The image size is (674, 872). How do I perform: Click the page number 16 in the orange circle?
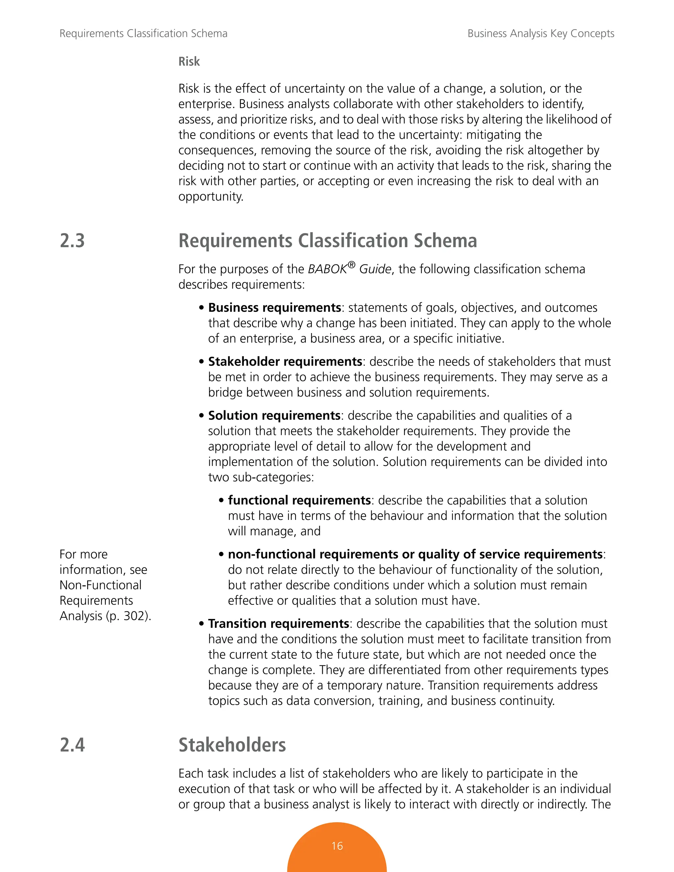tap(337, 846)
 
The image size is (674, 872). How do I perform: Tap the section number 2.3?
tap(72, 241)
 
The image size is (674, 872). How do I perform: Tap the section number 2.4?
tap(72, 745)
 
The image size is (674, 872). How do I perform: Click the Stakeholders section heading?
tap(232, 745)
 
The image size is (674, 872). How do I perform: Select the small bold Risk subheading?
tap(189, 62)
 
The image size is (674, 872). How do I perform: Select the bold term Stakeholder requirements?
tap(285, 361)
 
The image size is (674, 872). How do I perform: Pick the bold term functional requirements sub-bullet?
tap(299, 500)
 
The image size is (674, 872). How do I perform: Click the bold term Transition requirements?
tap(279, 623)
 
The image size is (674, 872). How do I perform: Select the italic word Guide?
tap(375, 269)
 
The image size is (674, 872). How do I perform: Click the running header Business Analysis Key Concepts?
tap(541, 34)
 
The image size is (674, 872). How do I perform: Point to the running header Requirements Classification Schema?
tap(143, 34)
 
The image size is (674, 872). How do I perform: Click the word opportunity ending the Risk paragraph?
tap(210, 196)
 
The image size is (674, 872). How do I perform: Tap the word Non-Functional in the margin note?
tap(101, 585)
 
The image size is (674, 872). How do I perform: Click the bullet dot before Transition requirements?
tap(202, 624)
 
